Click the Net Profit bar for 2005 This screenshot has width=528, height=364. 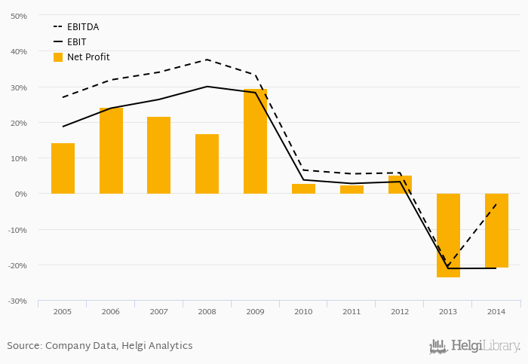pos(63,168)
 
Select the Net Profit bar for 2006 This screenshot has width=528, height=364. pos(111,151)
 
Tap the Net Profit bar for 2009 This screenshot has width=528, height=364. pos(255,141)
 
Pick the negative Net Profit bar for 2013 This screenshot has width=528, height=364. pos(448,235)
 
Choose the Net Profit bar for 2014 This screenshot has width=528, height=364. pos(496,231)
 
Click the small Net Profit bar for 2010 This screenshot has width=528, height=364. pos(303,188)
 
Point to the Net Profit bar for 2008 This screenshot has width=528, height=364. pos(207,164)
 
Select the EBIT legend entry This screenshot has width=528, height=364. pos(76,42)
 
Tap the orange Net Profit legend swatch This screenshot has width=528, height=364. pos(58,57)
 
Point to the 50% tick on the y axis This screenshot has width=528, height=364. pos(19,16)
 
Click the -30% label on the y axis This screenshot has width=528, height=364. pos(17,301)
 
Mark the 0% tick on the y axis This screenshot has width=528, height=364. pos(21,194)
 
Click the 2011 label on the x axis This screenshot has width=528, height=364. pos(351,311)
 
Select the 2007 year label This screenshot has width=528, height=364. pos(158,311)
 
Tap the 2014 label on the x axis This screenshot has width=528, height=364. pos(496,311)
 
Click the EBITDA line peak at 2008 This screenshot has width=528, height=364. pos(207,60)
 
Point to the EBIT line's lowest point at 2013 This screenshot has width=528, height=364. pos(448,268)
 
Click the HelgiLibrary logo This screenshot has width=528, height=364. pos(475,347)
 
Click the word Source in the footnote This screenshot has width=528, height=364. pos(23,346)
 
